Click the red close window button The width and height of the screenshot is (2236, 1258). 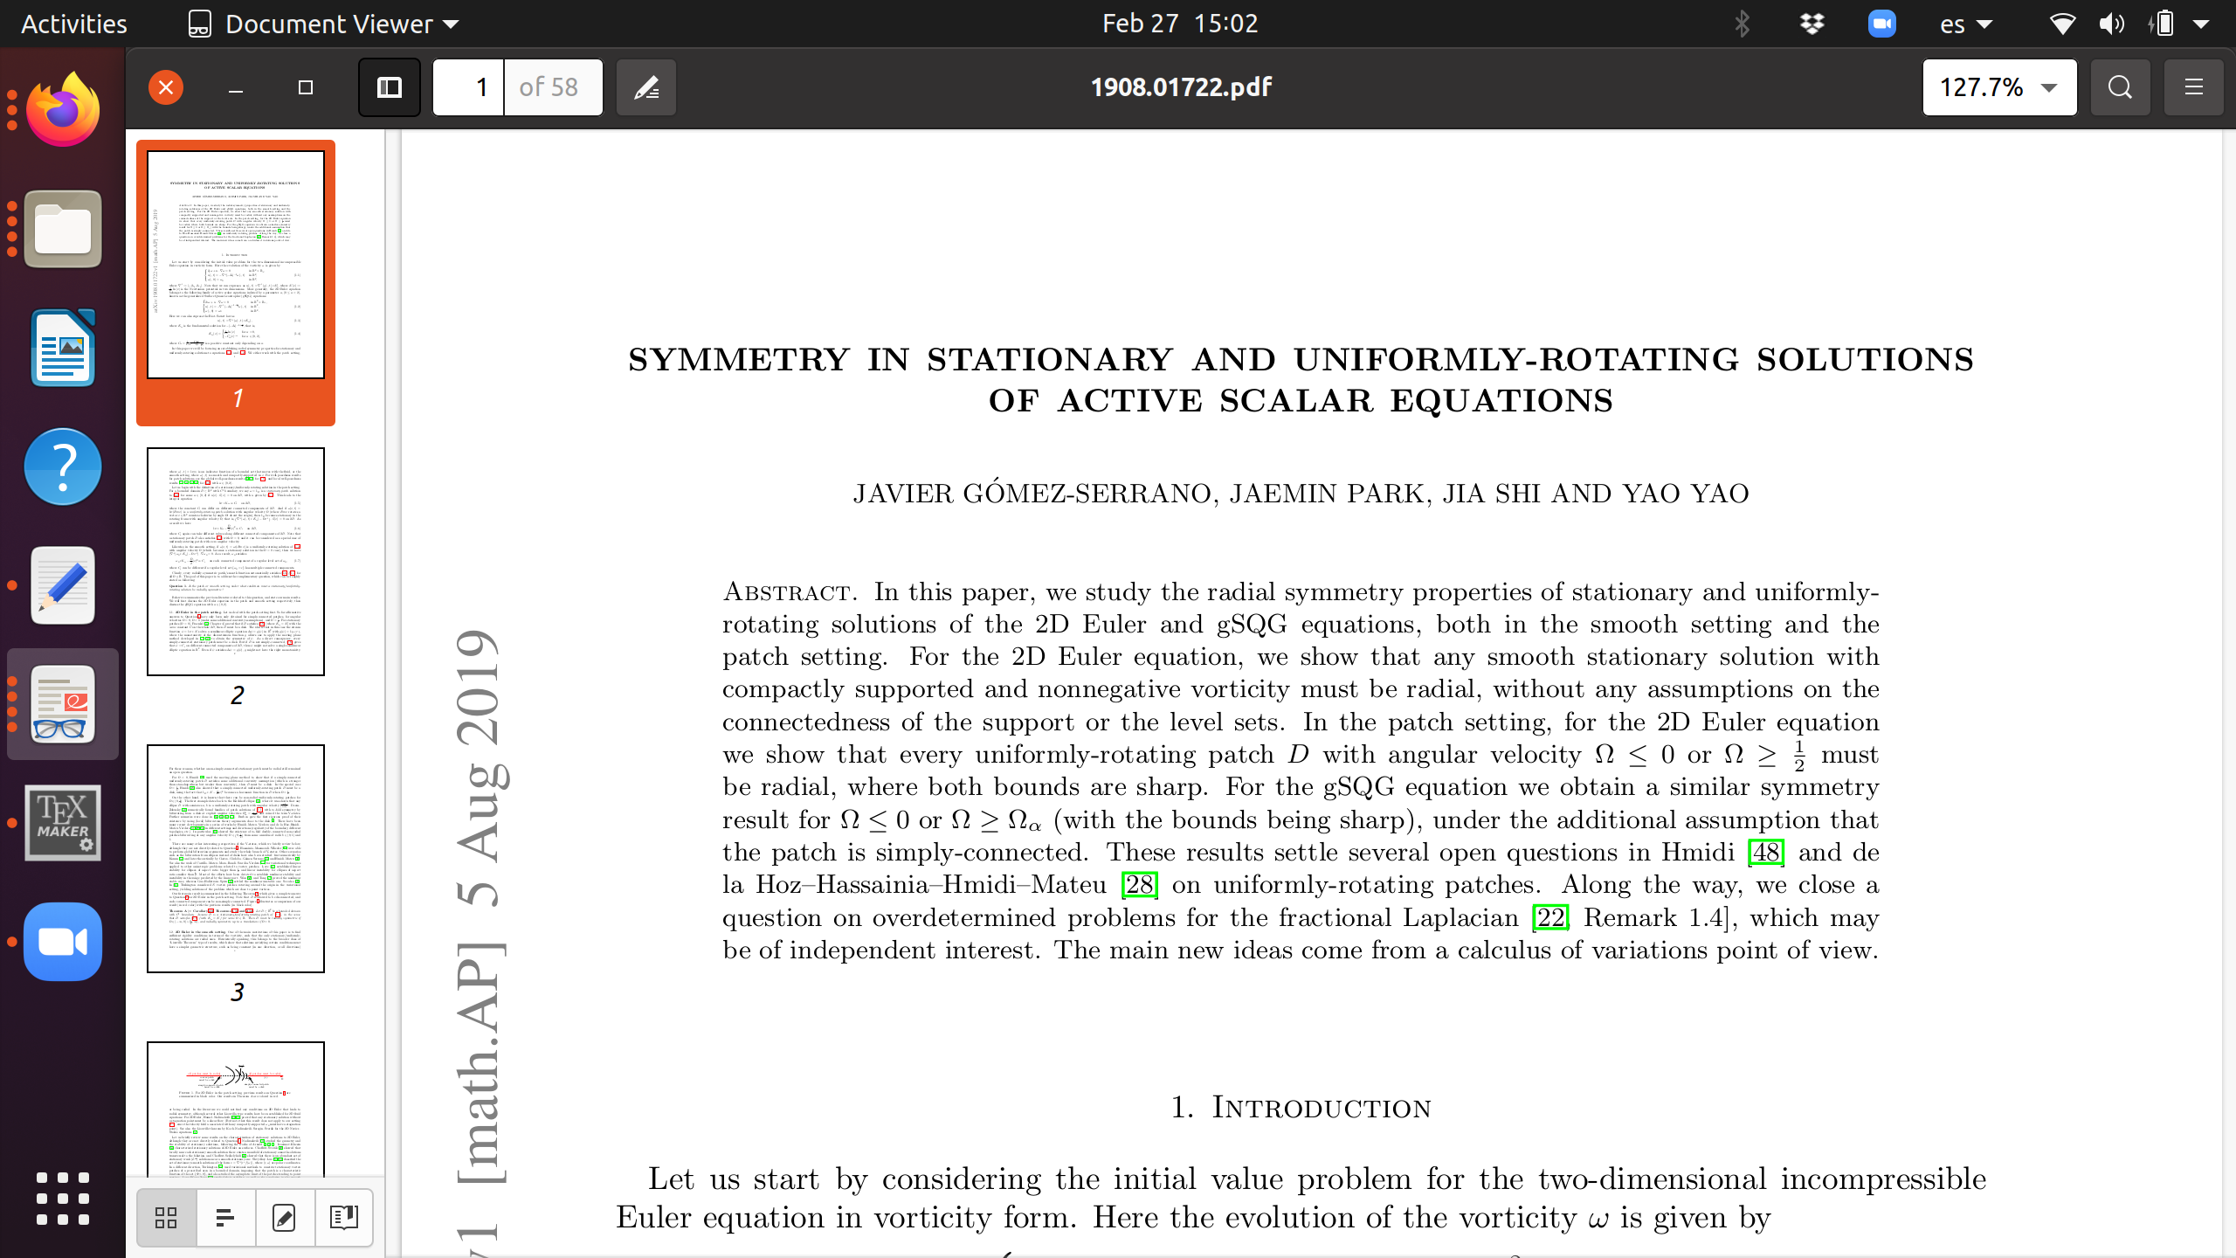(166, 87)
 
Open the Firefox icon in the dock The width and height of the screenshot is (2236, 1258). (63, 111)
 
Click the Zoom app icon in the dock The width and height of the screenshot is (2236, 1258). (63, 942)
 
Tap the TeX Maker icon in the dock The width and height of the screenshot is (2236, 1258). (63, 822)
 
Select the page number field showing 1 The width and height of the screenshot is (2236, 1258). (469, 87)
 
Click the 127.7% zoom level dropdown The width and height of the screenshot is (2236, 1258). (1998, 87)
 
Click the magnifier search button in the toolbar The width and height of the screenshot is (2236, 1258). (2120, 87)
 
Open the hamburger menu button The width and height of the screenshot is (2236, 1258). (2193, 87)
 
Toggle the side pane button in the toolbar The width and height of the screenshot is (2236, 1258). (389, 87)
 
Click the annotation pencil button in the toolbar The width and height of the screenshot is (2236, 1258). (646, 87)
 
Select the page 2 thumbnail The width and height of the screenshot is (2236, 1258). (236, 562)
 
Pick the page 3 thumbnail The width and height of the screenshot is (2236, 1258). (236, 859)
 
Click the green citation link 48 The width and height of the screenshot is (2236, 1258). (1766, 852)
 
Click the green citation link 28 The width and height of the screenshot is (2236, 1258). (1140, 884)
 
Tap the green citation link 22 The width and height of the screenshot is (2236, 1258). (1551, 917)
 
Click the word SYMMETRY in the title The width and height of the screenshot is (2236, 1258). (739, 360)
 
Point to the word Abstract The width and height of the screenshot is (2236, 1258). (787, 592)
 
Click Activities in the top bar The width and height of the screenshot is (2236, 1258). (74, 24)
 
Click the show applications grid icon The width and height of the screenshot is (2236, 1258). (63, 1198)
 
